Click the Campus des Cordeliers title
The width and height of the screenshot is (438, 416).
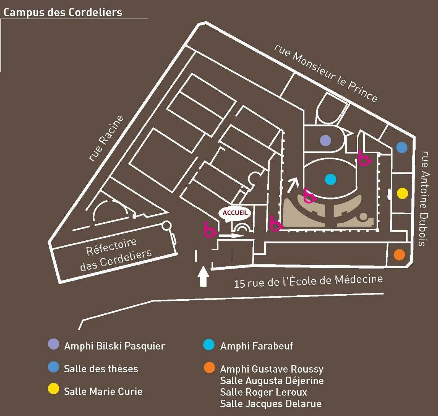(x=63, y=12)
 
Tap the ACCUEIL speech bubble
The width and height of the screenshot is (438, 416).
(x=235, y=213)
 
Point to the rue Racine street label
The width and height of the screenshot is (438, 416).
(x=106, y=138)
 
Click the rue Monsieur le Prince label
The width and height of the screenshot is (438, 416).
(x=326, y=73)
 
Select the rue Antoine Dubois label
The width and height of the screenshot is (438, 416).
(x=425, y=198)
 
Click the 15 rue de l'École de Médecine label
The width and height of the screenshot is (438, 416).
(x=308, y=281)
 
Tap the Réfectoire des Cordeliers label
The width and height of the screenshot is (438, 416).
(x=115, y=254)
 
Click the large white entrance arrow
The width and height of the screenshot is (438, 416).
(x=204, y=276)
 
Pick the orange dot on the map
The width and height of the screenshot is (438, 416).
(x=399, y=255)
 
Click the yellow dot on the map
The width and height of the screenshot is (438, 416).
(x=402, y=193)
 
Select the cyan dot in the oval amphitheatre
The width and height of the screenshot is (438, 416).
(x=330, y=179)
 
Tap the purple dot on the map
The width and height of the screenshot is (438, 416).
(x=326, y=140)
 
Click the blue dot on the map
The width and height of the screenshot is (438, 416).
(x=402, y=147)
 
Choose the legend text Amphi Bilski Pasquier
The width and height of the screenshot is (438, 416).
(x=114, y=346)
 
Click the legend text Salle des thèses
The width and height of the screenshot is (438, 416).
(x=101, y=369)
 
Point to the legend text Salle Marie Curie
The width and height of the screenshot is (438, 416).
(x=103, y=391)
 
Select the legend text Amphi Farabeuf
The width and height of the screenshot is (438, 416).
(x=256, y=346)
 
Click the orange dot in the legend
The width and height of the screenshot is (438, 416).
(x=209, y=368)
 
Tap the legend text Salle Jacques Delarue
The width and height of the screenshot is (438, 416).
(x=270, y=403)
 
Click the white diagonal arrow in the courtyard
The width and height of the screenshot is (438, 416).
(x=293, y=185)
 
